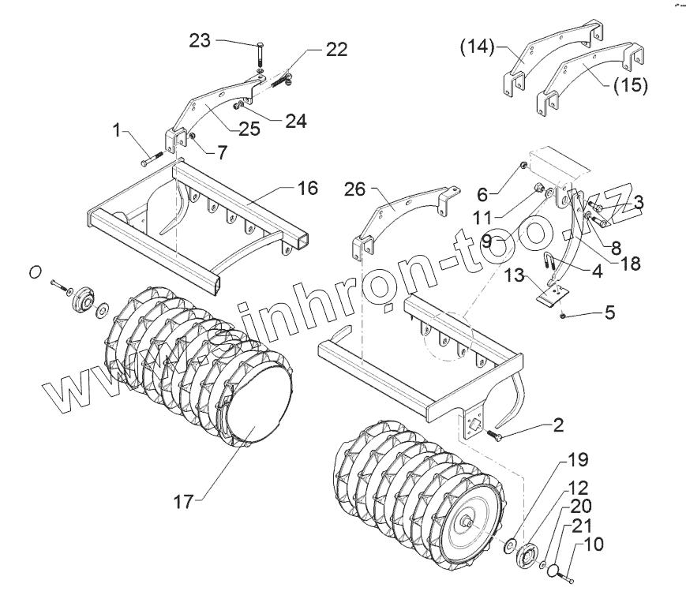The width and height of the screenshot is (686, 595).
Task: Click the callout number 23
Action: pyautogui.click(x=200, y=41)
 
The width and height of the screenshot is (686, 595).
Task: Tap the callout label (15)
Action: pyautogui.click(x=628, y=84)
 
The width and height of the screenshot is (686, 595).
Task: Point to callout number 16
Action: pyautogui.click(x=307, y=188)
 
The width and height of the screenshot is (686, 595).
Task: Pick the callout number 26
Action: pyautogui.click(x=355, y=189)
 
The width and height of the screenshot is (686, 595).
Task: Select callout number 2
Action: pyautogui.click(x=559, y=426)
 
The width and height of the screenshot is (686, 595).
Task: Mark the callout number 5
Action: pyautogui.click(x=609, y=312)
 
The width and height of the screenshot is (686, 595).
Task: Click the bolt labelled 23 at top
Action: pyautogui.click(x=259, y=56)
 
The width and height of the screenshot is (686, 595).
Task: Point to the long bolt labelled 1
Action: pyautogui.click(x=152, y=161)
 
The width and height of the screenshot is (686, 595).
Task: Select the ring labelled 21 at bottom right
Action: pyautogui.click(x=557, y=568)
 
